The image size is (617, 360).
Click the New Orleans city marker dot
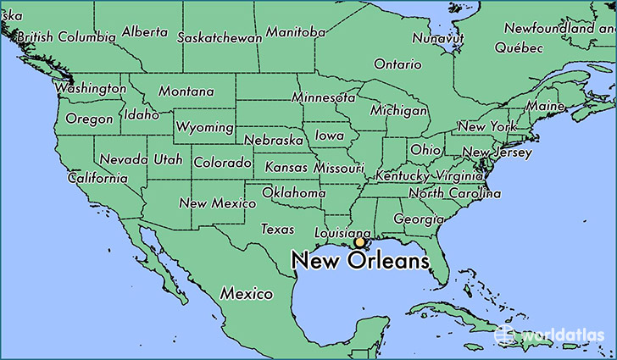tap(359, 242)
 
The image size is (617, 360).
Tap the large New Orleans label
tap(360, 262)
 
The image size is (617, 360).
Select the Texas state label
tap(277, 229)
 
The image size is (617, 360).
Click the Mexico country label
tap(247, 293)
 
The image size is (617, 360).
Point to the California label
tap(97, 178)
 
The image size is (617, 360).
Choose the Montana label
tap(186, 91)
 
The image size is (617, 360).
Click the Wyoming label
tap(204, 127)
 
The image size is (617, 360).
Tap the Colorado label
tap(222, 162)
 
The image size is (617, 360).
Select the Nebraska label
tap(275, 139)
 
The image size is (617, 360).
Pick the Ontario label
tap(397, 64)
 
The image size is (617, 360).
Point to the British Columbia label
tap(66, 37)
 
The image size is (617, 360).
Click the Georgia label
tap(419, 219)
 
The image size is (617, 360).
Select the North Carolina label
tap(450, 193)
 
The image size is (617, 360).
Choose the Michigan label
tap(398, 111)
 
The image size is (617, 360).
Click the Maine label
tap(545, 107)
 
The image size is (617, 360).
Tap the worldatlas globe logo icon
tap(505, 334)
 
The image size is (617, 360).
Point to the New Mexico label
tap(218, 203)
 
